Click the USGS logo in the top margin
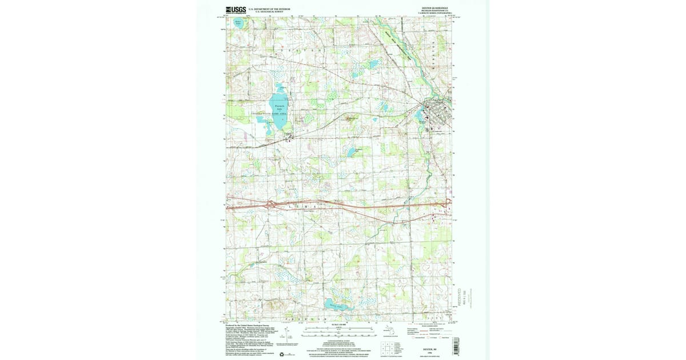point(236,10)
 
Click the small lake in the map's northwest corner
point(238,25)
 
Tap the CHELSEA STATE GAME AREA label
point(270,115)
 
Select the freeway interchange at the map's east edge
point(447,201)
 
